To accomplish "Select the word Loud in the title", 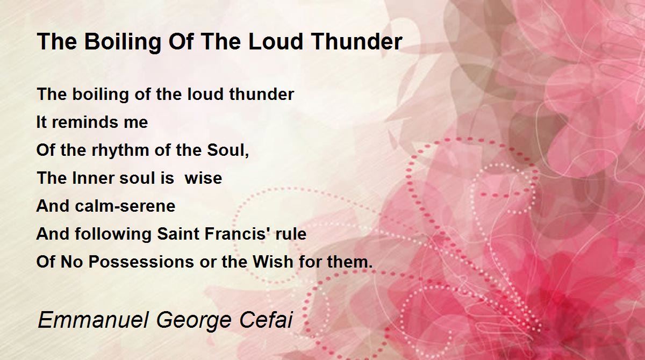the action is click(x=276, y=41).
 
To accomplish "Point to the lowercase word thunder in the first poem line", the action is click(x=261, y=94).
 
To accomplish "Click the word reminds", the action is click(x=85, y=122).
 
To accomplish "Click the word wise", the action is click(x=203, y=178).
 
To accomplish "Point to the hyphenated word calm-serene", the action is click(x=125, y=206).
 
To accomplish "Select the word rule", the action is click(x=291, y=234).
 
